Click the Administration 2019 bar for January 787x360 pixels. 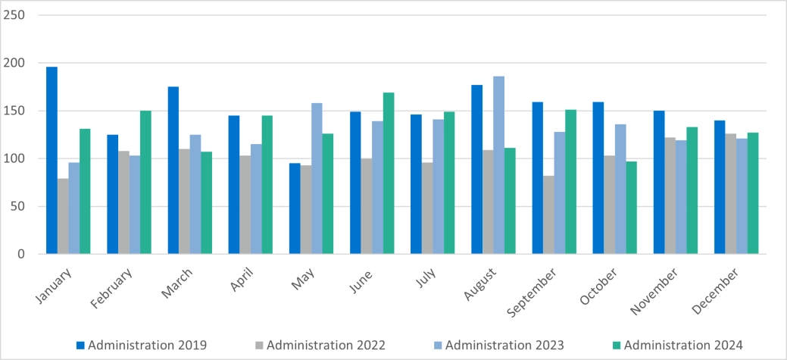[x=52, y=161]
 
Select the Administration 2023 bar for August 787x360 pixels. [x=498, y=165]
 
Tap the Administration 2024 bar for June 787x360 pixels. [x=389, y=174]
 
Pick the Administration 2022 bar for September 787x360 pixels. [x=548, y=215]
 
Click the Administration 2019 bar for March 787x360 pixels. [x=173, y=171]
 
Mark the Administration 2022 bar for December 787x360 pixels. [x=730, y=194]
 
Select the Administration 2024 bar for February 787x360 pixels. [x=146, y=183]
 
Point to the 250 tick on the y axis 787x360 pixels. [x=14, y=15]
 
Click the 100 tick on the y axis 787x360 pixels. [x=14, y=158]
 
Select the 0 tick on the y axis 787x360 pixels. [x=20, y=254]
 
